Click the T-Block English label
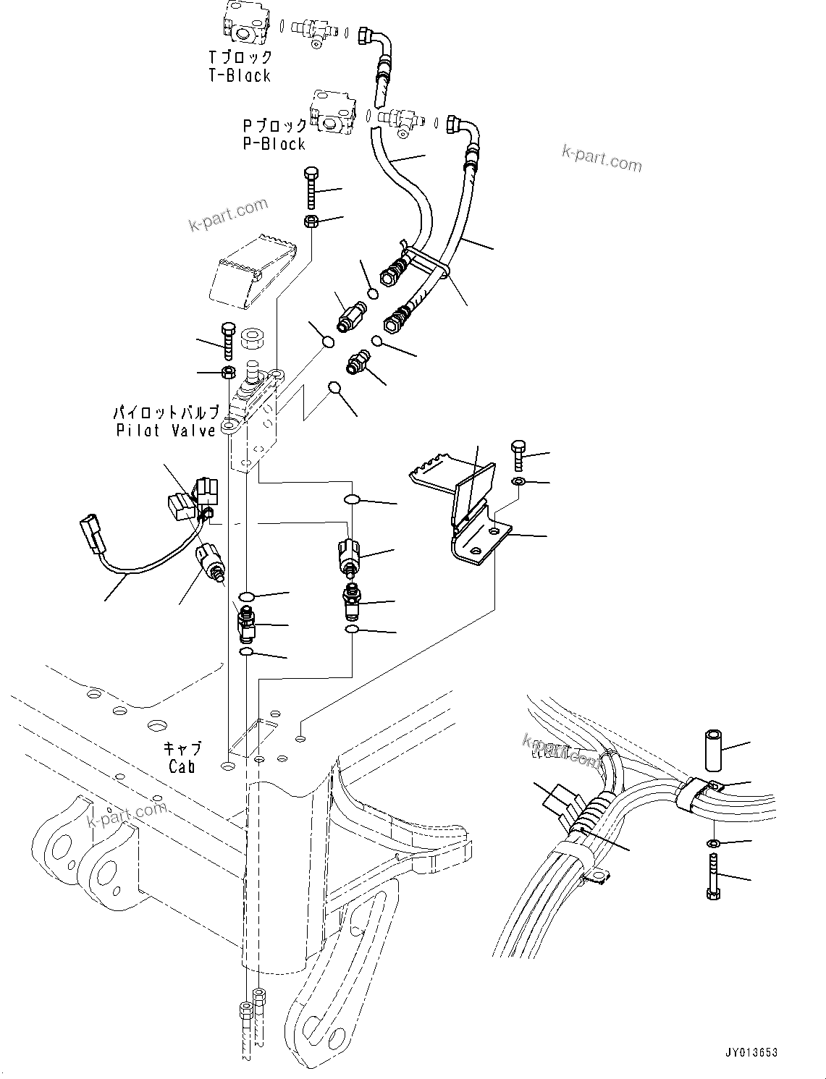pos(239,75)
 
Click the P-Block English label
pos(274,144)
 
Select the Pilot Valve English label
pos(166,431)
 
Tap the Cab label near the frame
pos(182,766)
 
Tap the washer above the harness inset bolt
pos(713,844)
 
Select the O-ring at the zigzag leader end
pos(334,389)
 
